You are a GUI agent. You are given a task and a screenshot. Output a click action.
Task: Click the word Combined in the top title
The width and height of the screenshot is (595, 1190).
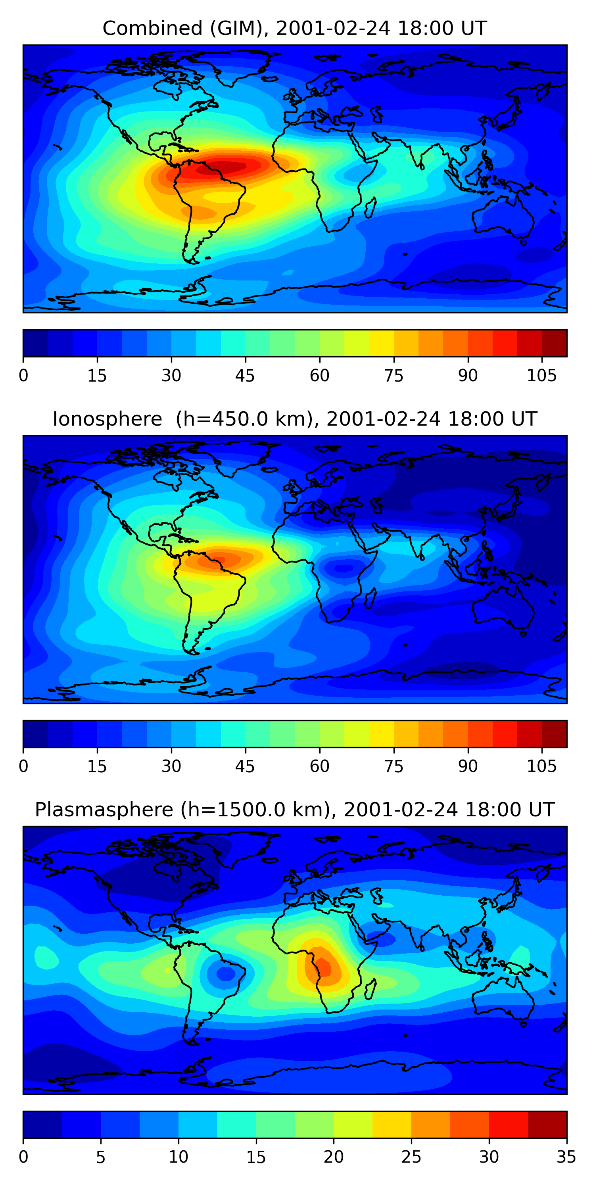pyautogui.click(x=152, y=29)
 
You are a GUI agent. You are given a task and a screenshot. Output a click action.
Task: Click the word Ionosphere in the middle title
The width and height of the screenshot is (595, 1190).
pyautogui.click(x=107, y=419)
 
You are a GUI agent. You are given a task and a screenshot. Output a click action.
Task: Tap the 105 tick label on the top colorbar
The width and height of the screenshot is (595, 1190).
pyautogui.click(x=541, y=376)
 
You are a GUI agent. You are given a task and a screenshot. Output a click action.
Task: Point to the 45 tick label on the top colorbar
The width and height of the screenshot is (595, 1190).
pyautogui.click(x=245, y=376)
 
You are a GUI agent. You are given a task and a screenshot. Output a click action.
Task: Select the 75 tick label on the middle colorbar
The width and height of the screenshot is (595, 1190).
pyautogui.click(x=393, y=766)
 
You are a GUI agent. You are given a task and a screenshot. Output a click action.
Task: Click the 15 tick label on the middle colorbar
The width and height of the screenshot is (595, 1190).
pyautogui.click(x=97, y=766)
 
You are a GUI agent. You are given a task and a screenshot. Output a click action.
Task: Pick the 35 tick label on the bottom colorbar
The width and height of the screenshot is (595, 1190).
pyautogui.click(x=566, y=1157)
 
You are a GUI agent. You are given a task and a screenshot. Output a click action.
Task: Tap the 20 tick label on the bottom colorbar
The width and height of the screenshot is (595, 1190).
pyautogui.click(x=333, y=1157)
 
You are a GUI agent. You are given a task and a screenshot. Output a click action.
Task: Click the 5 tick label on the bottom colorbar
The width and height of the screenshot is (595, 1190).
pyautogui.click(x=101, y=1157)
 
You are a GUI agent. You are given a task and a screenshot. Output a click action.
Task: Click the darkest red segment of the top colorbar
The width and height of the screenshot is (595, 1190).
pyautogui.click(x=555, y=343)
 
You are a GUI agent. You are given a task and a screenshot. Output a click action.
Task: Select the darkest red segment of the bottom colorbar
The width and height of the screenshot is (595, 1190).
pyautogui.click(x=547, y=1125)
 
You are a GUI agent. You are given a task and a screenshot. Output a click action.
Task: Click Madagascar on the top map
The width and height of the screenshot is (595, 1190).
pyautogui.click(x=370, y=207)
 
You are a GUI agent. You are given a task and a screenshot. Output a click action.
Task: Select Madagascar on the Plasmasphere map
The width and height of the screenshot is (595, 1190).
pyautogui.click(x=370, y=988)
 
